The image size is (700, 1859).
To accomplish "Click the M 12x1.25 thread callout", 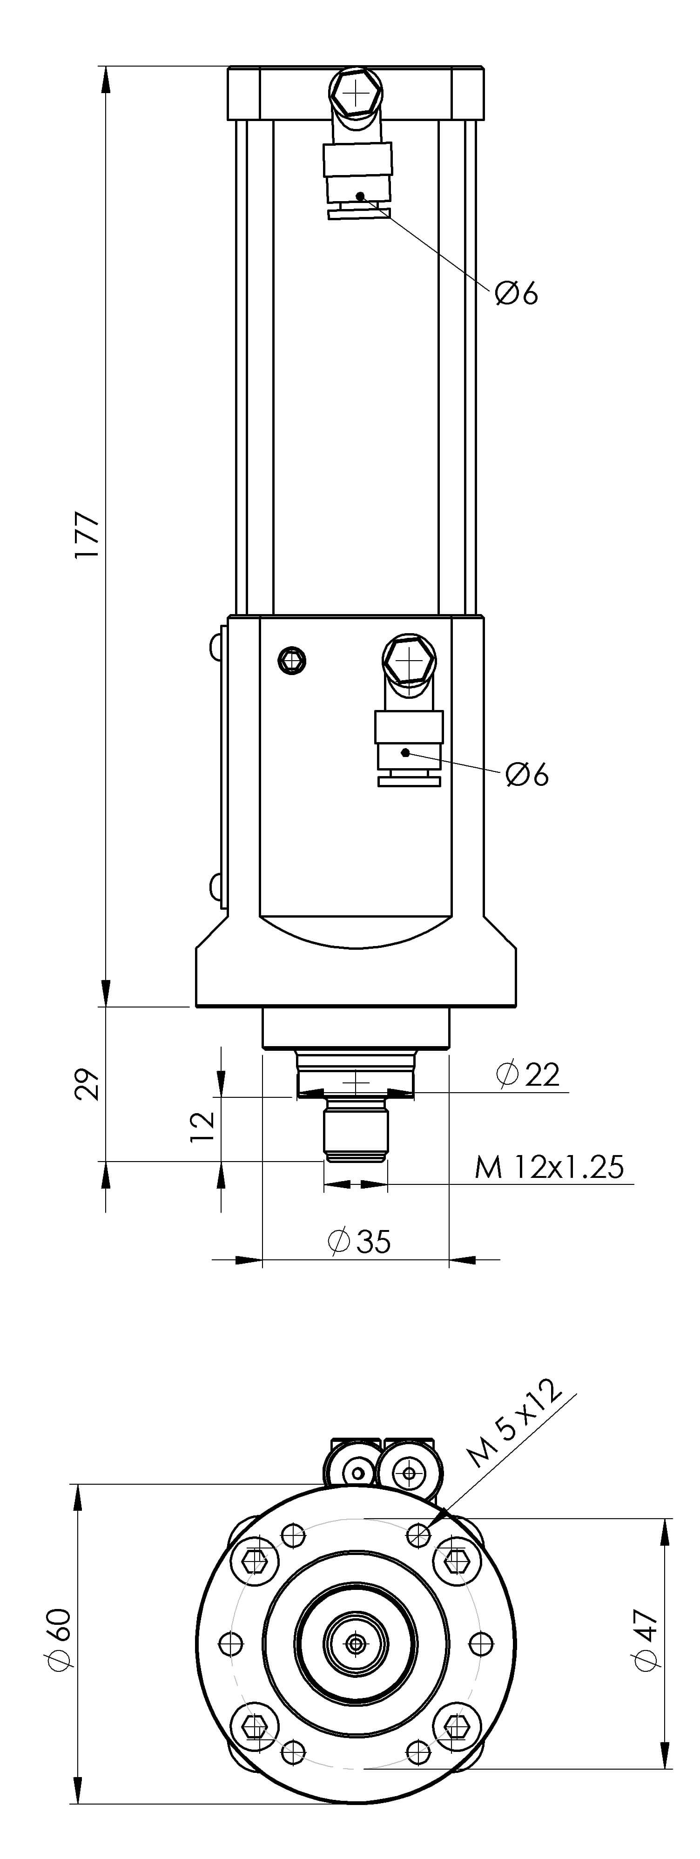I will (548, 1167).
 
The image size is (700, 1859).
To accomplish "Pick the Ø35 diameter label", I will (359, 1241).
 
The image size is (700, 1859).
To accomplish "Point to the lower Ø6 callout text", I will (527, 774).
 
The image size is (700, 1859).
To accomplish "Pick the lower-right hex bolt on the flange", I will (455, 1725).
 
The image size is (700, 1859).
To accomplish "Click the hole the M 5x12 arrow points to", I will (418, 1535).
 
